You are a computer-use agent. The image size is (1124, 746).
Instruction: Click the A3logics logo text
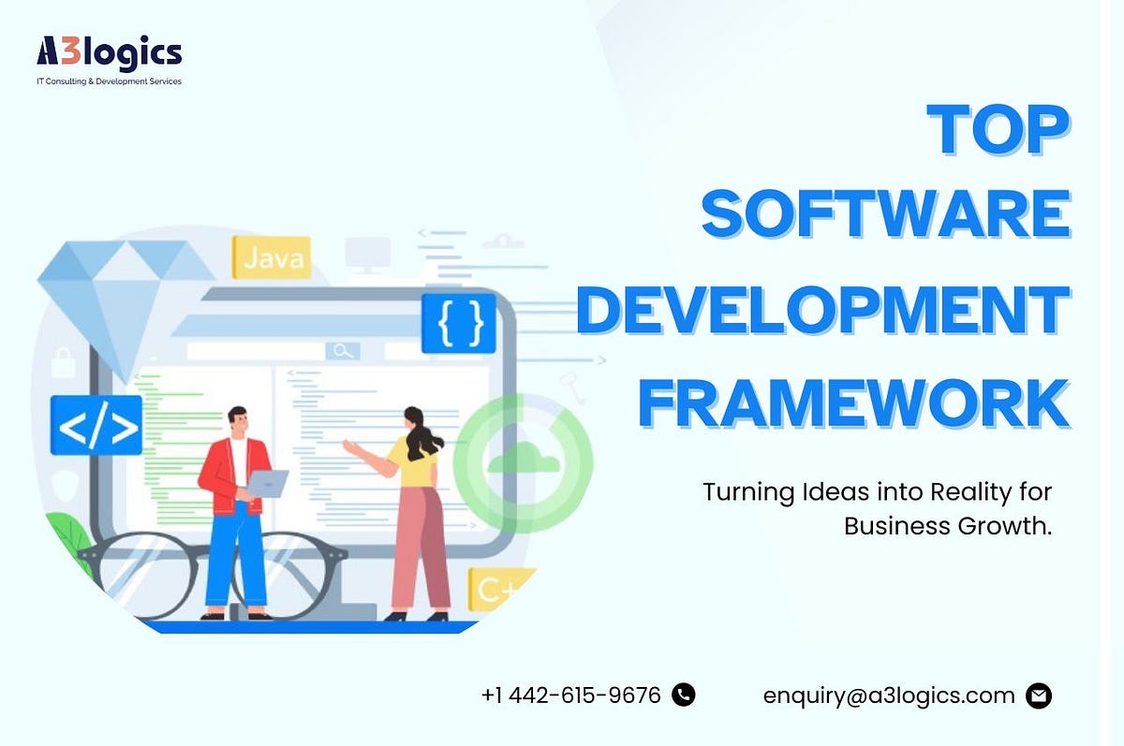point(109,52)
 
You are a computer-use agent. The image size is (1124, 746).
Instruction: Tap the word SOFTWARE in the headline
point(885,213)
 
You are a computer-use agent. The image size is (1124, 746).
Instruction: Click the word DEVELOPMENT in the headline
point(822,312)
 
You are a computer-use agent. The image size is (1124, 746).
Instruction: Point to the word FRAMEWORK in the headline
point(853,402)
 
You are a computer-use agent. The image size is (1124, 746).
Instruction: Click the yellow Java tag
point(271,257)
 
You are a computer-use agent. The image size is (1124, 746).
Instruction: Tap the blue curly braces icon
point(458,324)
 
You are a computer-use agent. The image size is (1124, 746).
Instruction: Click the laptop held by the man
point(268,483)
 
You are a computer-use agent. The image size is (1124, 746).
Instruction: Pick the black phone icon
point(684,695)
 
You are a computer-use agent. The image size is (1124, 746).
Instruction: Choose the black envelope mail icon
point(1039,695)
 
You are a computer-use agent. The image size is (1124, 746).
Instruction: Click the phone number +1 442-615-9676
point(571,695)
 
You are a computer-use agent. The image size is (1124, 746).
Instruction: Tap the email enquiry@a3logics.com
point(889,695)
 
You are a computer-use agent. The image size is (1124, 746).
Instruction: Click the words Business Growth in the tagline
point(948,526)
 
